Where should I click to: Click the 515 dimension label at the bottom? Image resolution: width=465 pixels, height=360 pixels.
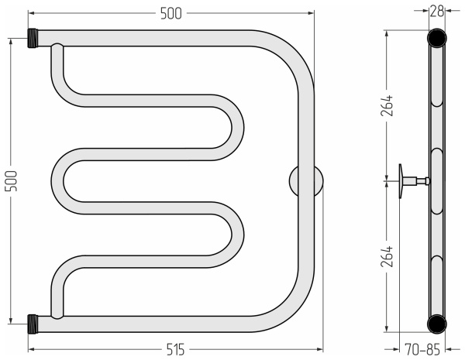[x=175, y=350]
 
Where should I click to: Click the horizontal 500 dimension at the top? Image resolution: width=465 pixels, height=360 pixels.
[x=170, y=14]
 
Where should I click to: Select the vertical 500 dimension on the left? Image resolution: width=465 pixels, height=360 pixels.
[x=11, y=180]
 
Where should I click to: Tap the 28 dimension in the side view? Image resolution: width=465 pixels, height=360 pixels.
[x=437, y=11]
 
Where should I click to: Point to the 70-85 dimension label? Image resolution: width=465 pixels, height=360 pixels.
[x=422, y=350]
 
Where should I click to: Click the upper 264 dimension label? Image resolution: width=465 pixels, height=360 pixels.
[x=387, y=105]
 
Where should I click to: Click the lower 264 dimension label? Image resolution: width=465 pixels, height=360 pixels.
[x=387, y=256]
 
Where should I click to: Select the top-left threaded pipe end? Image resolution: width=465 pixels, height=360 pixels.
[x=33, y=38]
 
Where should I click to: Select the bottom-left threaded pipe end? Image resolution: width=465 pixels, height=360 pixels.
[x=33, y=324]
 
